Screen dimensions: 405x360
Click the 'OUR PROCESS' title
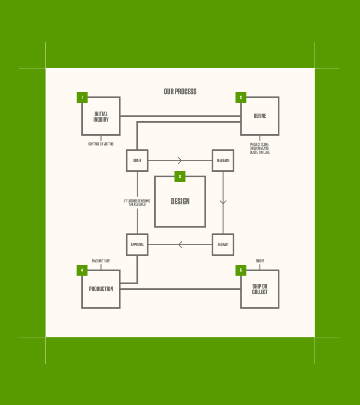pyautogui.click(x=180, y=91)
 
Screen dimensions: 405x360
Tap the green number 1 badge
pyautogui.click(x=82, y=97)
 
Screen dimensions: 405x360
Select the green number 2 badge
pyautogui.click(x=241, y=97)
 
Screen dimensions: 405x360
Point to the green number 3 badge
pyautogui.click(x=180, y=176)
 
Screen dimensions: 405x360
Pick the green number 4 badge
pyautogui.click(x=82, y=270)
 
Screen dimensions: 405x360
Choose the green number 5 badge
pyautogui.click(x=241, y=270)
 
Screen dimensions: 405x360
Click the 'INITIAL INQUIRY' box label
pyautogui.click(x=101, y=117)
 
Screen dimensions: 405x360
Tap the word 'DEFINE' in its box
pyautogui.click(x=259, y=116)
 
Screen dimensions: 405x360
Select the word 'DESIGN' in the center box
pyautogui.click(x=180, y=201)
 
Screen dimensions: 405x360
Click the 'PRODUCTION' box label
pyautogui.click(x=101, y=289)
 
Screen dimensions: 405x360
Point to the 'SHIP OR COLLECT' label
pyautogui.click(x=259, y=289)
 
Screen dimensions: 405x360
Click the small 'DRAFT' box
pyautogui.click(x=137, y=160)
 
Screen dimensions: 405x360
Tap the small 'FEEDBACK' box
pyautogui.click(x=223, y=160)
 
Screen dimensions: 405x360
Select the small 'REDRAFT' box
pyautogui.click(x=223, y=244)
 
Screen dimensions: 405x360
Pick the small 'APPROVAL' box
pyautogui.click(x=137, y=244)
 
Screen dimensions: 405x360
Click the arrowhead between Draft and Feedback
pyautogui.click(x=180, y=160)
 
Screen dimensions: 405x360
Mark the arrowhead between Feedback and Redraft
pyautogui.click(x=223, y=202)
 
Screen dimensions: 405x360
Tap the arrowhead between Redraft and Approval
pyautogui.click(x=180, y=244)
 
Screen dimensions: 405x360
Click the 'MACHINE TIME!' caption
pyautogui.click(x=101, y=261)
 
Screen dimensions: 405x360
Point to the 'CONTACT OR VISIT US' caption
pyautogui.click(x=101, y=144)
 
